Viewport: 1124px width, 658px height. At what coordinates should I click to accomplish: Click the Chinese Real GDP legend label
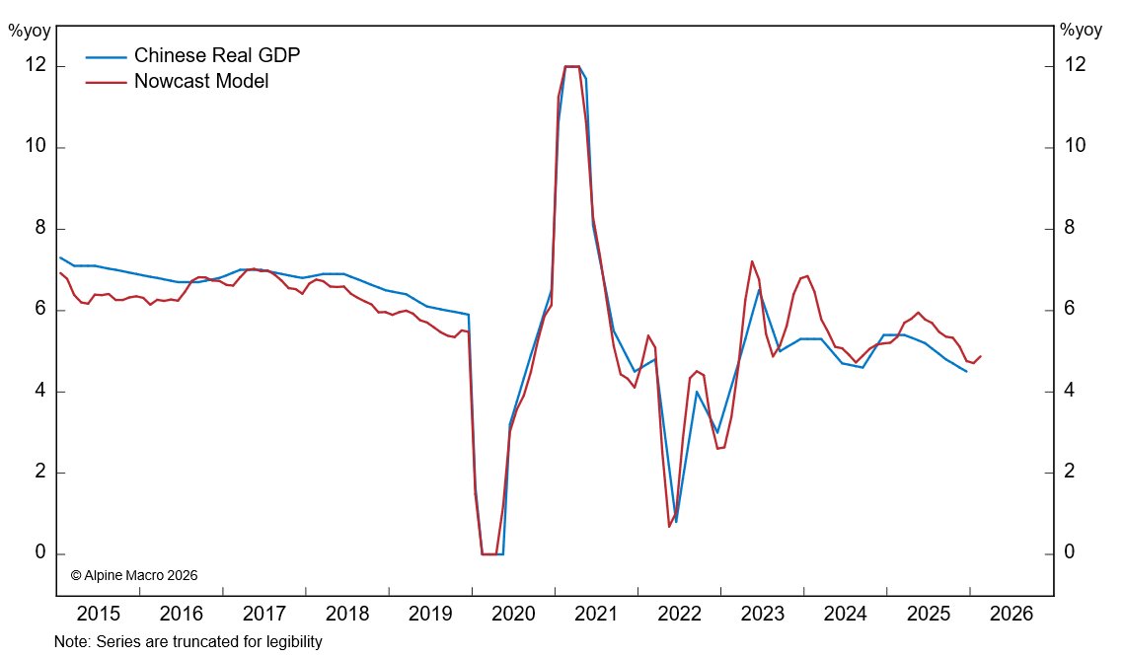[x=216, y=55]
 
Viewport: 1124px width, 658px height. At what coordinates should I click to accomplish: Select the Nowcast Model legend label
[x=200, y=81]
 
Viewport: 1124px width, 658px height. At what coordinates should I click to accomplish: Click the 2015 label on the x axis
[x=98, y=614]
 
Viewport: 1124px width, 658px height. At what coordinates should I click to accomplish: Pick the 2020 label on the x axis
[x=513, y=614]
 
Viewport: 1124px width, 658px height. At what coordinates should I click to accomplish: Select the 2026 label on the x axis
[x=1012, y=614]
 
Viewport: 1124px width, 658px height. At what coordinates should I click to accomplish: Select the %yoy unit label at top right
[x=1081, y=30]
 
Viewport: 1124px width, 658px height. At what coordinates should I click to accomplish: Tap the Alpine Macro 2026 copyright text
[x=135, y=574]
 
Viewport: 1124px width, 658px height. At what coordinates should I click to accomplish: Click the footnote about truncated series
[x=188, y=642]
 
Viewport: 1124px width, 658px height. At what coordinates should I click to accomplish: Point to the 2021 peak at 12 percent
[x=571, y=66]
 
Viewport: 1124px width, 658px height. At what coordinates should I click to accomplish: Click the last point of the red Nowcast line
[x=980, y=356]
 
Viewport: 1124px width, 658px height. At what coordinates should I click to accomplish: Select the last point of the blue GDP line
[x=966, y=371]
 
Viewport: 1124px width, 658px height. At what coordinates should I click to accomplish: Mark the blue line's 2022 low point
[x=676, y=522]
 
